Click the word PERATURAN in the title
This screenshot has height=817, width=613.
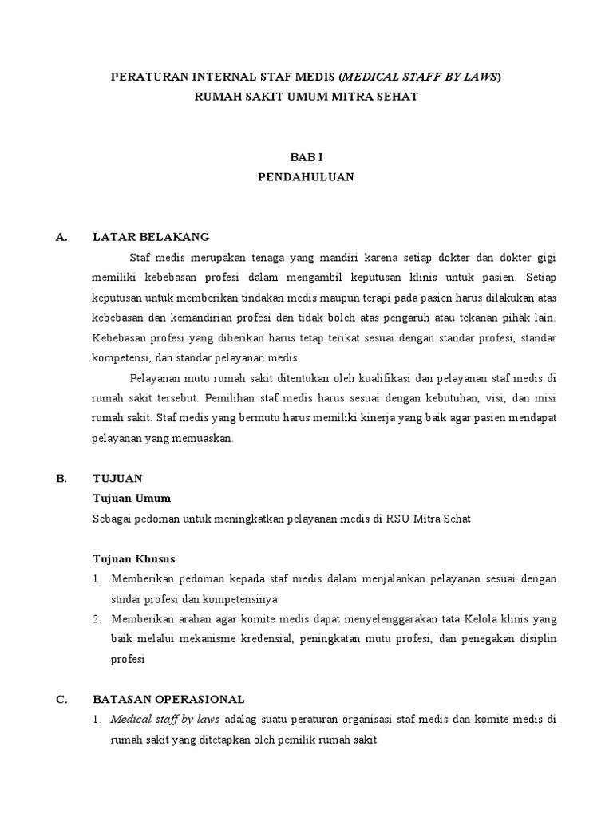point(145,77)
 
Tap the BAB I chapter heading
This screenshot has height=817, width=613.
point(306,157)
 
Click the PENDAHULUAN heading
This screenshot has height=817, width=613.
point(306,177)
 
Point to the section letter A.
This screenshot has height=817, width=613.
point(61,237)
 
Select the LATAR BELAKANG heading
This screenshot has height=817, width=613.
point(151,237)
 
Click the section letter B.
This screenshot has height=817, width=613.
point(61,478)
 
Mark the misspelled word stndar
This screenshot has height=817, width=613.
point(129,598)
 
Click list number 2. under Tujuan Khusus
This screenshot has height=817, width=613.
point(97,618)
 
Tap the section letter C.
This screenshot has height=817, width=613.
point(61,699)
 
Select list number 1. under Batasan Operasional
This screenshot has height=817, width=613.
point(97,719)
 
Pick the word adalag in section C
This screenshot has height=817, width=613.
point(243,719)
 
